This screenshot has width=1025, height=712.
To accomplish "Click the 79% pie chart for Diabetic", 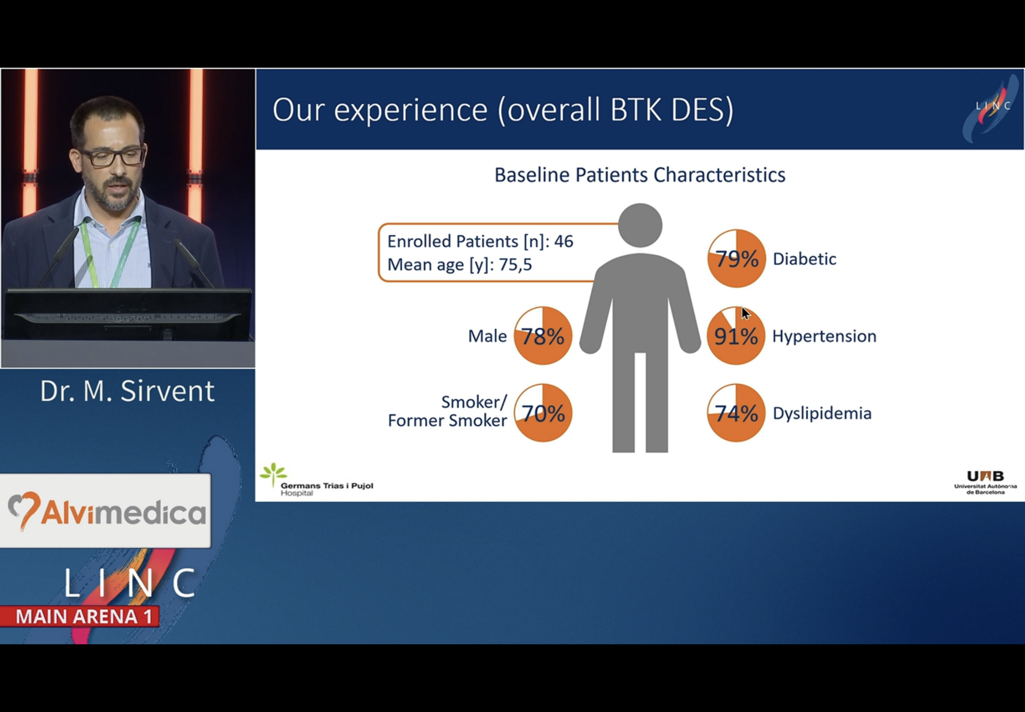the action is point(736,258).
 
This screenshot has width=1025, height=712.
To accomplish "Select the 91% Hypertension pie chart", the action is point(736,336).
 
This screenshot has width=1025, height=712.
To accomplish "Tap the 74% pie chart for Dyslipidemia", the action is point(736,413).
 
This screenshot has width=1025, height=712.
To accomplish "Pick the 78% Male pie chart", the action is point(542,336).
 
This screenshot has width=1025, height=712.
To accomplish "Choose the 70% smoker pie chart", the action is point(542,413).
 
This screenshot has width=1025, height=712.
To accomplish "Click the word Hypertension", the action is point(824,336).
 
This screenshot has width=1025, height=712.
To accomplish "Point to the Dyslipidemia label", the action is point(822,414).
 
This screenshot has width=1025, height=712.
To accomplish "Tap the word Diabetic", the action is point(804,259).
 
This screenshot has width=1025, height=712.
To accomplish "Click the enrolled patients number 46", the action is point(564,241).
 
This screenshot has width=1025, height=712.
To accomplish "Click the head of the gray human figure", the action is point(640,225).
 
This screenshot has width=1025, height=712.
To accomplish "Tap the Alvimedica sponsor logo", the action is point(106,511).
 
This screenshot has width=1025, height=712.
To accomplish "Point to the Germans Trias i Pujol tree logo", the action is point(273,474).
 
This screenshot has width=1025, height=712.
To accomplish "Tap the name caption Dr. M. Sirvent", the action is point(127,391).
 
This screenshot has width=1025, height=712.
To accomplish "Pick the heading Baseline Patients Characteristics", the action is point(640,175).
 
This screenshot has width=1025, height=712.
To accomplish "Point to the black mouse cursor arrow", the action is point(745,313).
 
